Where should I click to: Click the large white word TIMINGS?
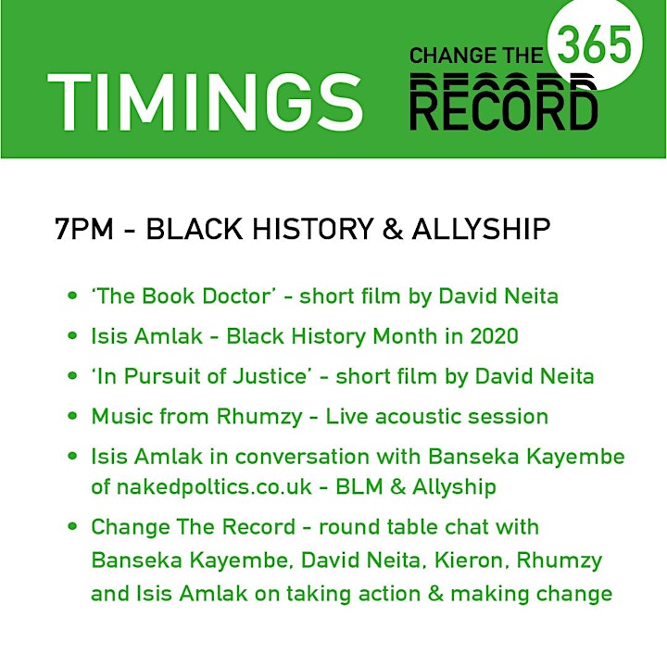click(205, 103)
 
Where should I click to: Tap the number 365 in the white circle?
click(594, 44)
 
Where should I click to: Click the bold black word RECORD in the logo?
click(504, 108)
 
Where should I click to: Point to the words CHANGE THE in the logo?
click(476, 56)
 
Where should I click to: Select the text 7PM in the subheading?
click(84, 229)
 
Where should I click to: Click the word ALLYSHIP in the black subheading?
click(481, 229)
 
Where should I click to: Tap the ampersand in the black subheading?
click(393, 229)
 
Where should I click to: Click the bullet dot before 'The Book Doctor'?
click(72, 296)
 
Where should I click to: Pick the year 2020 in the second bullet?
click(495, 336)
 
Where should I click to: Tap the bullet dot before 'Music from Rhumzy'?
click(72, 415)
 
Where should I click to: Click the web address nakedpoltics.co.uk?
click(214, 486)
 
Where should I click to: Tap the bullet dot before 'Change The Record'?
click(72, 526)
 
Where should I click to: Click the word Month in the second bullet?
click(405, 336)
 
